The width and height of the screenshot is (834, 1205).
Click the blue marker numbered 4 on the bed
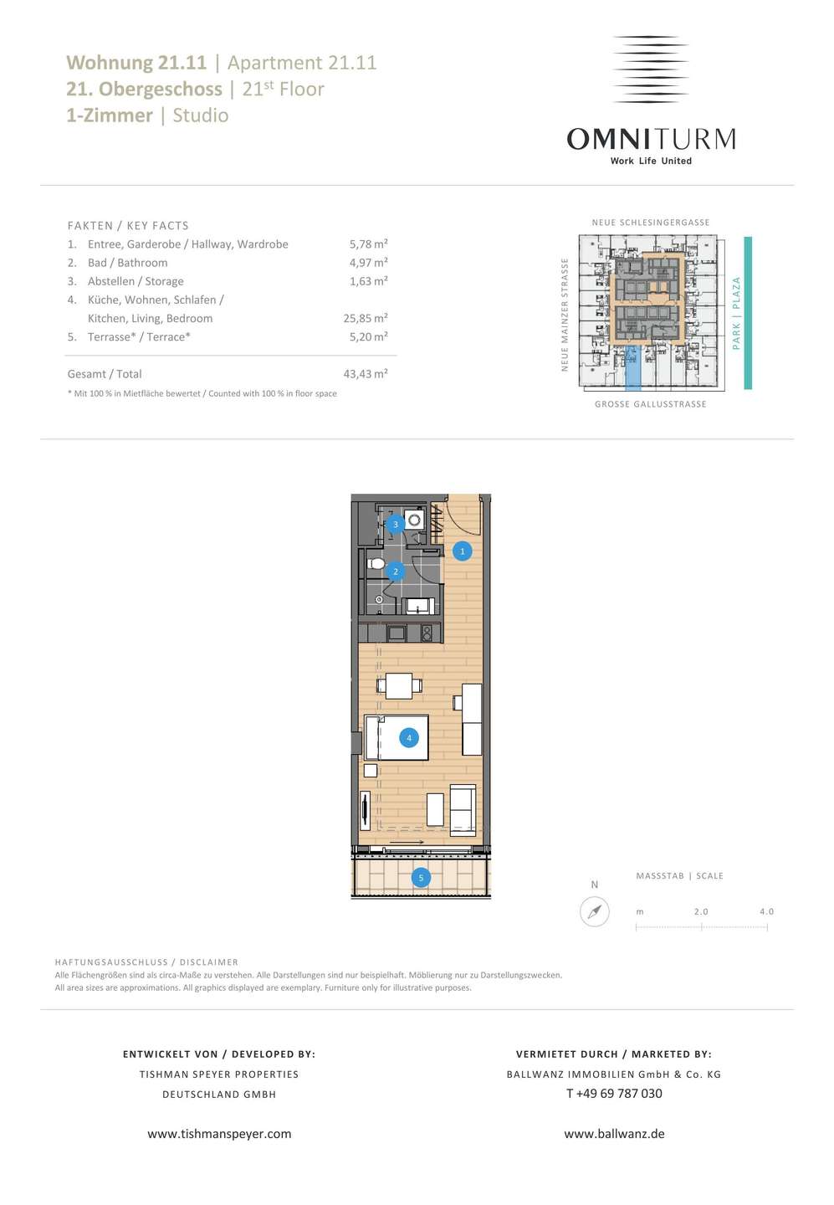tap(409, 737)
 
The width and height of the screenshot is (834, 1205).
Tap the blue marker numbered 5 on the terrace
tap(421, 878)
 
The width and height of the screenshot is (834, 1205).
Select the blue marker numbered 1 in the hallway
tap(462, 551)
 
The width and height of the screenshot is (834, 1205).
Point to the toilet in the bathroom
tap(376, 564)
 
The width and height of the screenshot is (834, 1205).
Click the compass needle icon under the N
tap(595, 912)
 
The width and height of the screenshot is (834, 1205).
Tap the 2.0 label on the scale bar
tap(701, 911)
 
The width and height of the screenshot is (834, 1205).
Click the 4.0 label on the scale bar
tap(766, 911)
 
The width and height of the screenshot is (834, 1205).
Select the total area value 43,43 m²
tap(366, 373)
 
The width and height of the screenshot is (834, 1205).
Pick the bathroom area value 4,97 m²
tap(368, 262)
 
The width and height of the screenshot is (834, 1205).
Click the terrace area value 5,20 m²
tap(368, 336)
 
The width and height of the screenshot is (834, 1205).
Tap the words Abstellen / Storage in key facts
tap(136, 281)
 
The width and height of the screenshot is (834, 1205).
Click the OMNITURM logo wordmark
tap(651, 139)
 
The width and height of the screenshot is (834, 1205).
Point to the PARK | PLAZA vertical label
tap(736, 313)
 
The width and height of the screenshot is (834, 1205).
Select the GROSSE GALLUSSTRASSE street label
tap(650, 404)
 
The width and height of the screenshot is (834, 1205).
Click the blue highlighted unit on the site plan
tap(633, 367)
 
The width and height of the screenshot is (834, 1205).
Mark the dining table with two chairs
tap(399, 686)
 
